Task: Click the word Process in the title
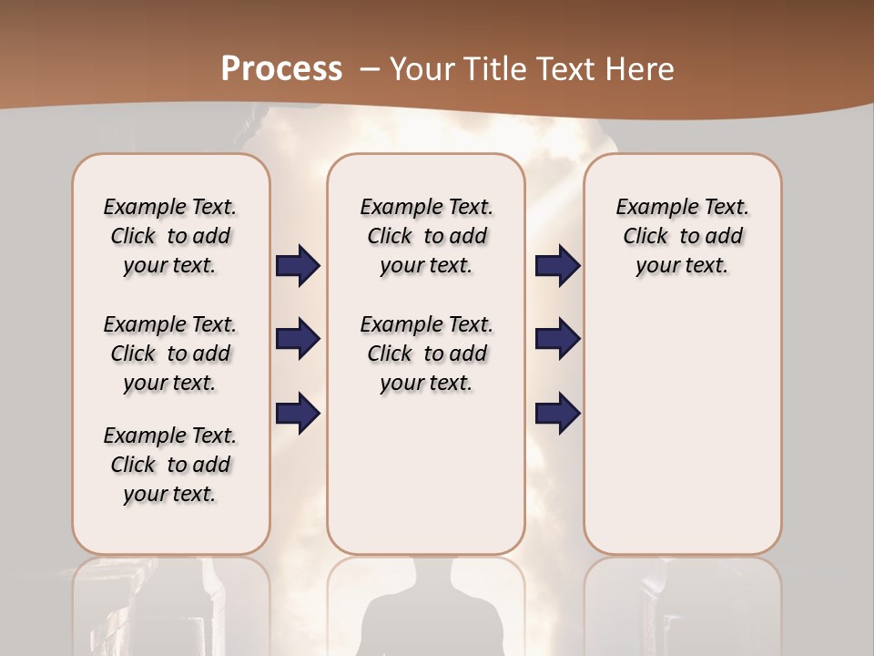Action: pos(281,69)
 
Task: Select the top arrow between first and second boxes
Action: pos(298,265)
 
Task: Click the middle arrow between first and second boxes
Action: pos(298,339)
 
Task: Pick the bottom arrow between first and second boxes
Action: pos(298,413)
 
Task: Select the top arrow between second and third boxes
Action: pos(557,265)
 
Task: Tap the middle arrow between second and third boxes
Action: pos(557,339)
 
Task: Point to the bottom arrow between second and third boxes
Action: pos(557,413)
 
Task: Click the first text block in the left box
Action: pos(170,236)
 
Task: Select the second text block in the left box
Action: pos(170,354)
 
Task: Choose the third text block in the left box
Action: pos(170,465)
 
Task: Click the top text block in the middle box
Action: pos(427,236)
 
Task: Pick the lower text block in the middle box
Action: pos(427,354)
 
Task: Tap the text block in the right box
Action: pos(683,236)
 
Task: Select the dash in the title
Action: pos(371,69)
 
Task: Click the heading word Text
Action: pos(556,69)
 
